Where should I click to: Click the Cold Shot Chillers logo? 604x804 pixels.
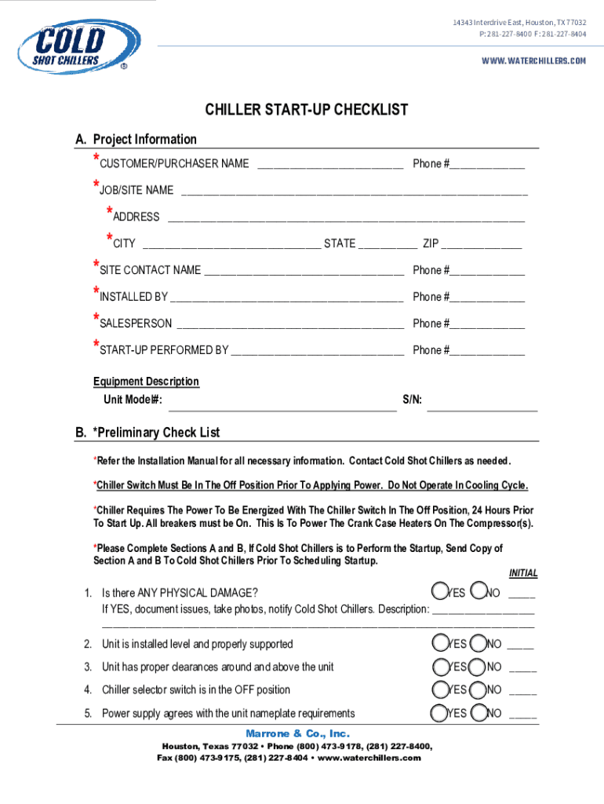tap(78, 46)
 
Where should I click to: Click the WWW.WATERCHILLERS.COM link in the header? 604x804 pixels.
tap(533, 60)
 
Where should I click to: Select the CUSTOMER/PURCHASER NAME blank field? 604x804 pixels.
tap(329, 165)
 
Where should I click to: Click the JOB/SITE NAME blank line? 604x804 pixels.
tap(354, 192)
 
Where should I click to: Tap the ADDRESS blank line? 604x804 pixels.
tap(346, 218)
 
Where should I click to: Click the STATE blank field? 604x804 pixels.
tap(388, 245)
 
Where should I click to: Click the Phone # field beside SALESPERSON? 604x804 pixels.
tap(487, 325)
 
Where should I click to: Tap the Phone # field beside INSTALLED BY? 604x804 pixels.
tap(487, 298)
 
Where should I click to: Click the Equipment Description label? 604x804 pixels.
tap(146, 382)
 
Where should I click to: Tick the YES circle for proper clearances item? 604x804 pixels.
tap(439, 667)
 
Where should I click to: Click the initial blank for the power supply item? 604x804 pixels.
tap(522, 714)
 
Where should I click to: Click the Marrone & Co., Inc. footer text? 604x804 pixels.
tap(292, 733)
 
